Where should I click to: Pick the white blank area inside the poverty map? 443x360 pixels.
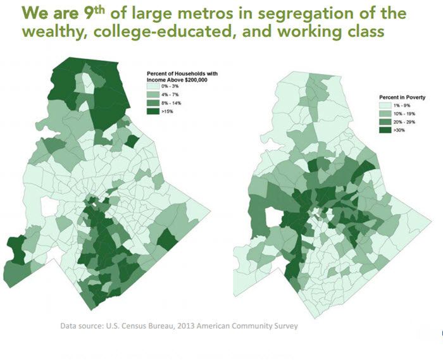[x=274, y=219]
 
